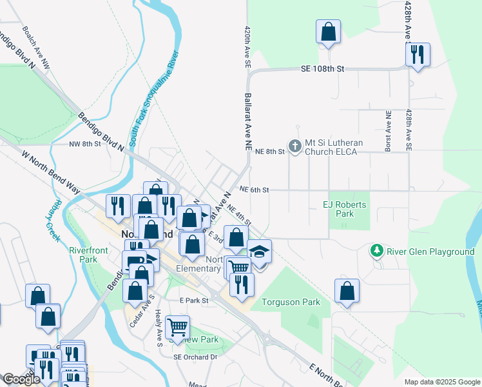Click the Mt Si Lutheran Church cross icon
295,146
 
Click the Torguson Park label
291,302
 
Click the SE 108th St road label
323,68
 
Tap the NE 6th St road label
253,190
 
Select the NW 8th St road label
85,144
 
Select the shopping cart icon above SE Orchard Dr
177,327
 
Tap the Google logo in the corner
21,379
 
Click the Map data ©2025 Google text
441,382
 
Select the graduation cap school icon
259,252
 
